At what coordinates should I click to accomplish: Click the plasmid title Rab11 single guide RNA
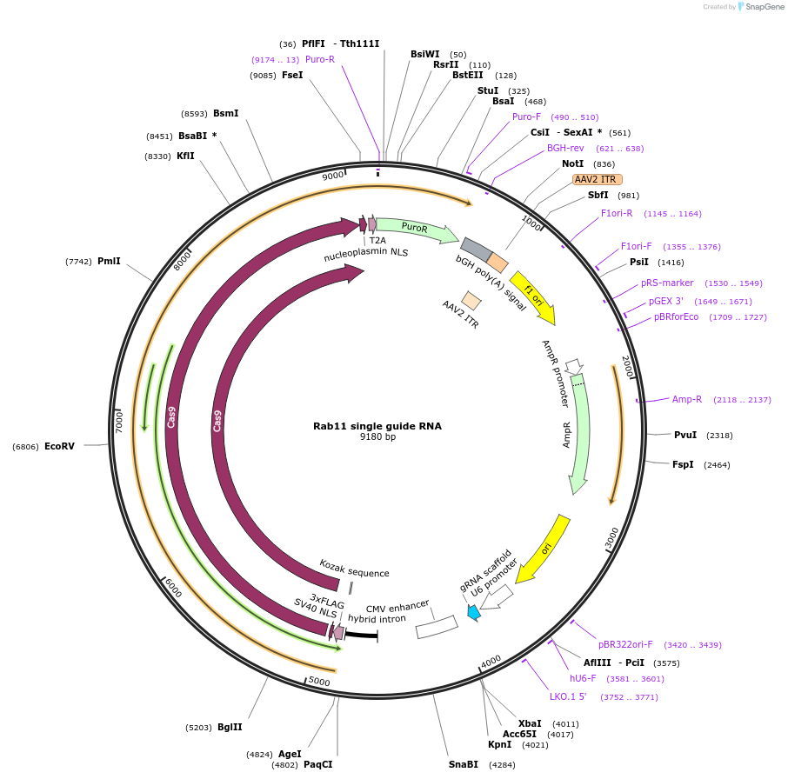tap(377, 426)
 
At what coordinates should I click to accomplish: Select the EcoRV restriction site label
tap(59, 446)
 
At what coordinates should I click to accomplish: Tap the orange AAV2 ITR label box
tap(597, 179)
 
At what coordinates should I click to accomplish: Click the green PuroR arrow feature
tap(416, 229)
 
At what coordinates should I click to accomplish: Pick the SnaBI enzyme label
tap(464, 764)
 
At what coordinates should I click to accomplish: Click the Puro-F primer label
tap(526, 117)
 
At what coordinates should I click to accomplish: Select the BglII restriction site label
tap(230, 727)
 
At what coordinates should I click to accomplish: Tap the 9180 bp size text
tap(377, 437)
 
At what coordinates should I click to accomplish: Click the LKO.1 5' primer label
tap(568, 696)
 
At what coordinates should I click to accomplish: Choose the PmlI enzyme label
tap(109, 261)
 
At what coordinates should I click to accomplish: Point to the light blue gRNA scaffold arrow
tap(474, 612)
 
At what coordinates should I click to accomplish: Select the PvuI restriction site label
tap(685, 435)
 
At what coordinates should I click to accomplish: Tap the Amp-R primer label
tap(687, 399)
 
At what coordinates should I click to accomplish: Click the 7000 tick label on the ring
tap(120, 421)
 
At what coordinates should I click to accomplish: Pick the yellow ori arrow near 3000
tap(544, 548)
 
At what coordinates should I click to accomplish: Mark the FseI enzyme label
tap(292, 76)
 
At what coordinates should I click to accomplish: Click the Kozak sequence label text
tap(354, 569)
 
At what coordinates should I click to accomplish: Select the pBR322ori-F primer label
tap(624, 645)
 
